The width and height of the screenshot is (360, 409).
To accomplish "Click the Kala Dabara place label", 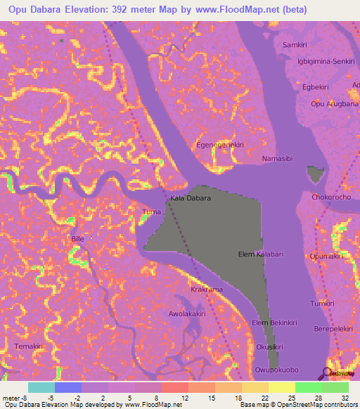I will pos(190,199).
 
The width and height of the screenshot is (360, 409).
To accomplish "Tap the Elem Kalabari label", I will pos(260,254).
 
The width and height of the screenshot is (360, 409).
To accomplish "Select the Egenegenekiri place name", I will pos(220,144).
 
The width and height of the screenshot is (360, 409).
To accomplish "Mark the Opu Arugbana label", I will pos(334,104).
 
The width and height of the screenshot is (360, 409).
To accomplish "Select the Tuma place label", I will pos(151,212).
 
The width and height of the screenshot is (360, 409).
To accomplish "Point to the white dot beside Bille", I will pos(91,238).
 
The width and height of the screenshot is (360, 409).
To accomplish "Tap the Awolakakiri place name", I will pos(186,314).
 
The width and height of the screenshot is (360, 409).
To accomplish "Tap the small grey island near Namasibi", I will pos(316,174).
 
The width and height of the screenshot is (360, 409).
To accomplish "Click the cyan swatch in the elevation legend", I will pos(41,387).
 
